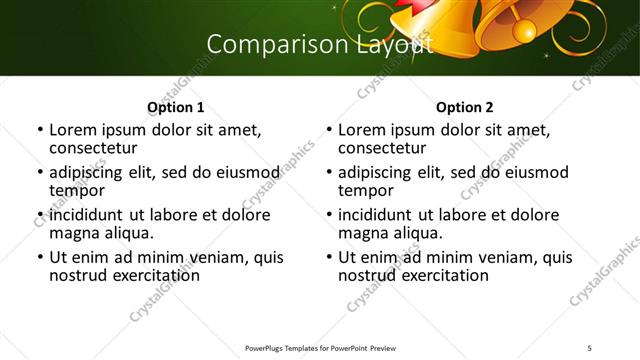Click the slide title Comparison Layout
(319, 45)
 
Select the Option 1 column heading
(175, 107)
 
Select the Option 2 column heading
(464, 107)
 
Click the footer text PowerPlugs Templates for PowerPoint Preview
(320, 347)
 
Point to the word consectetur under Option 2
(381, 148)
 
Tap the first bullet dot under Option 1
(39, 130)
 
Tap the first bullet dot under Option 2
(328, 130)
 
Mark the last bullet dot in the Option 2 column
(328, 257)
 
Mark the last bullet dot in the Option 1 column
(39, 257)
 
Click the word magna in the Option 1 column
(72, 233)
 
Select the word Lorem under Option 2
(360, 130)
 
